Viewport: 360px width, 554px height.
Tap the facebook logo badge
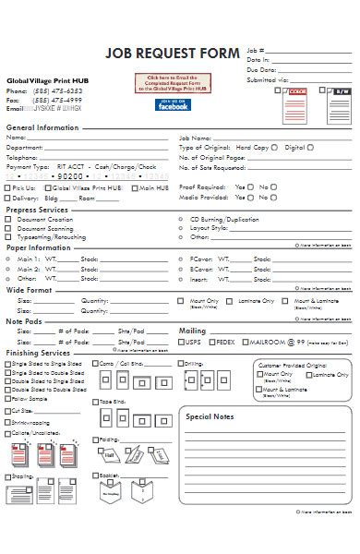click(x=174, y=105)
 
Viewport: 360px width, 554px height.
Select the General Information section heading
click(x=43, y=126)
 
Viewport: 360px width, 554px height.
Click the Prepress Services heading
click(x=38, y=210)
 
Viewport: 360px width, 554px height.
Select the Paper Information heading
click(x=37, y=247)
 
